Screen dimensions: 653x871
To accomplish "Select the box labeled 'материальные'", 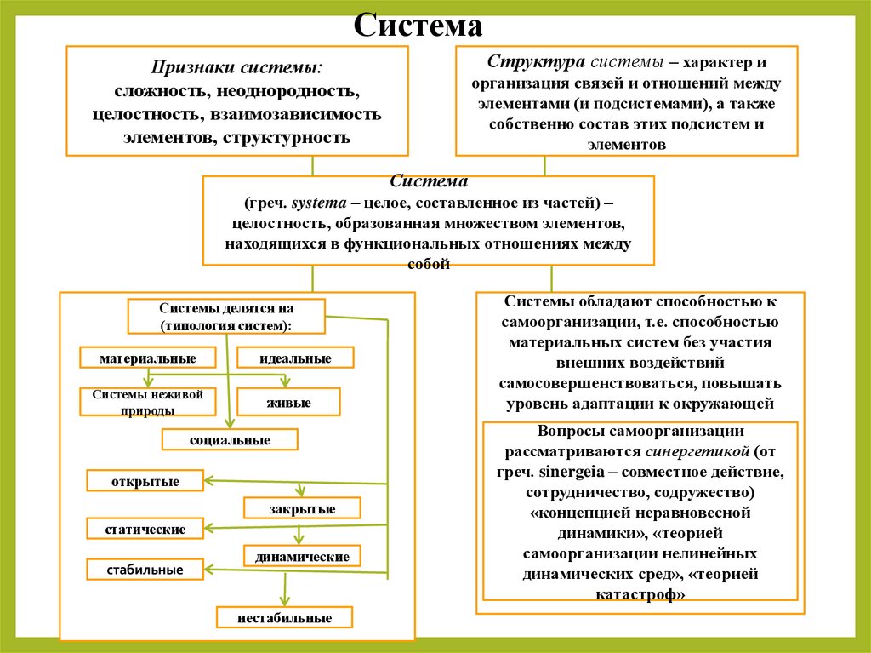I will pos(147,358).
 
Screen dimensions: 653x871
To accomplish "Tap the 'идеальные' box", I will pos(295,358).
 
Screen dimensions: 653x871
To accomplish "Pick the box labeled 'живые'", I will pos(288,403).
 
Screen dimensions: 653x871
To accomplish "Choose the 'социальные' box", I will pos(230,440).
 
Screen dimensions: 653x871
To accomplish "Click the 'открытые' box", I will pos(145,482).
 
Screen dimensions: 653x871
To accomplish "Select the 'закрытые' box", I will pos(302,509).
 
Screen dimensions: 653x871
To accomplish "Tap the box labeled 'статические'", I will pos(145,530).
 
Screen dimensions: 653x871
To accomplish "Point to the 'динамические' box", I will pos(302,557).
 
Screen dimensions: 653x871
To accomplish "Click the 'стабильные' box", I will pos(145,569).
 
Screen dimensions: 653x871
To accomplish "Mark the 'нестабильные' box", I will pos(285,618).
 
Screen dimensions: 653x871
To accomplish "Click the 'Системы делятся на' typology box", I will pos(226,317).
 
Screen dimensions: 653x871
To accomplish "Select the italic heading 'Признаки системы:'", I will pos(236,67).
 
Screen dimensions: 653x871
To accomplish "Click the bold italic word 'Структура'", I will pos(524,63).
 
